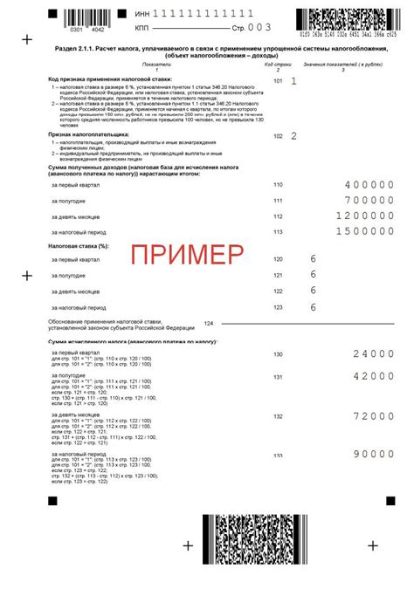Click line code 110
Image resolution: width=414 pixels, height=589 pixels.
click(279, 186)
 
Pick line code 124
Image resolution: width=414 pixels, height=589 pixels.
click(208, 323)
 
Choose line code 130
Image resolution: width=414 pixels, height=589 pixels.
click(279, 354)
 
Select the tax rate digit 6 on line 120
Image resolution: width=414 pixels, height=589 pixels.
click(312, 260)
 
